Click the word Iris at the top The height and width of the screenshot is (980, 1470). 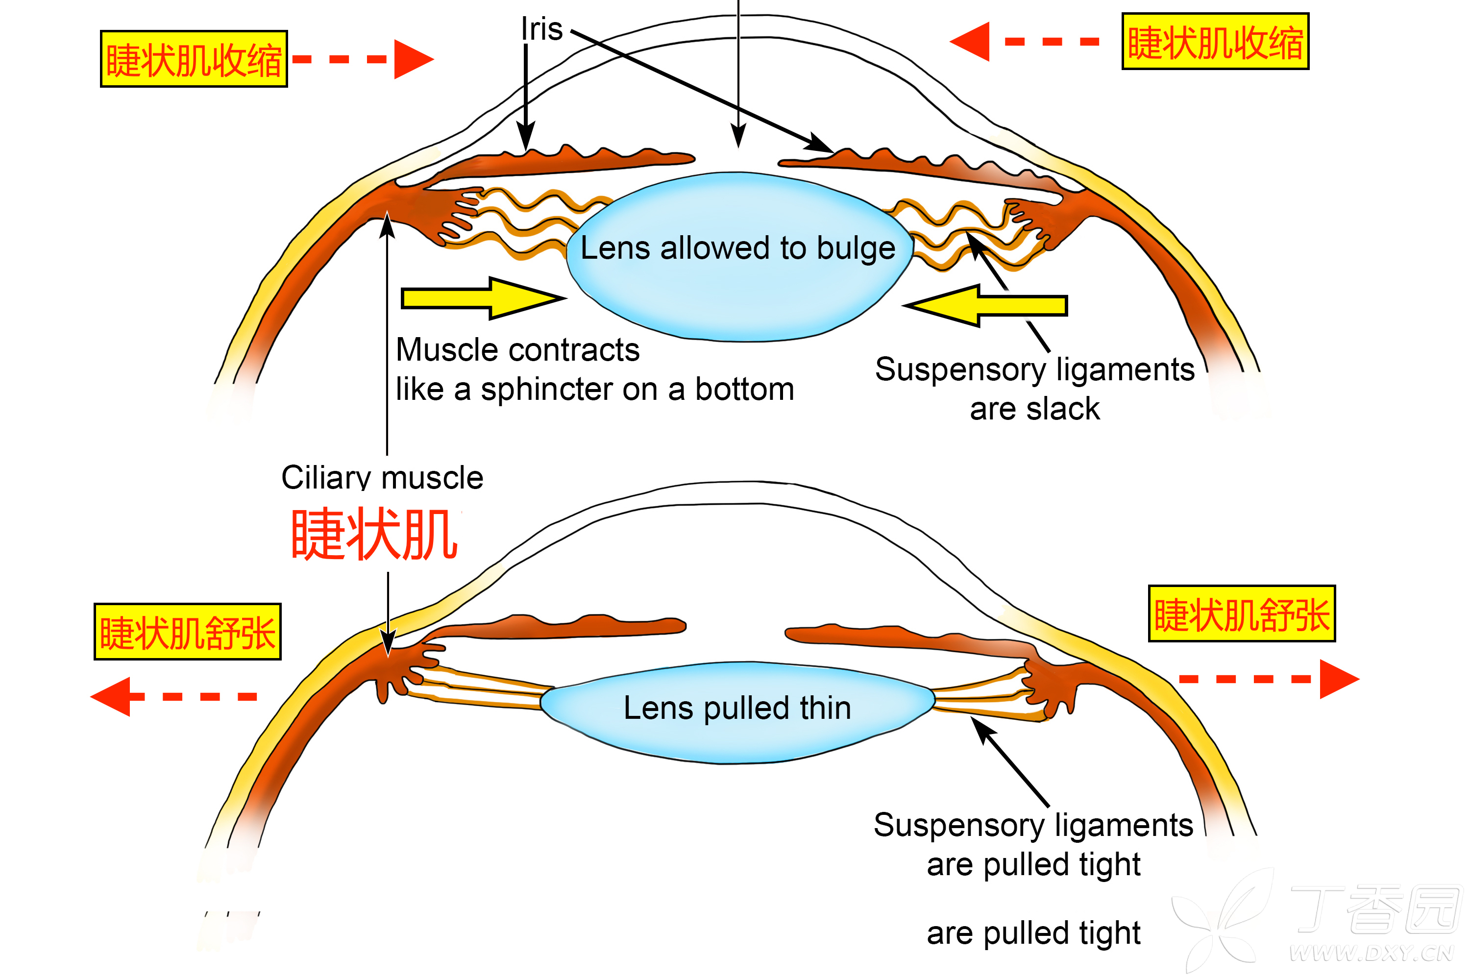coord(542,29)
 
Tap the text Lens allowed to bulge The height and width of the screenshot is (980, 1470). coord(737,248)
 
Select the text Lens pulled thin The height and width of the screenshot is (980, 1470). coord(737,708)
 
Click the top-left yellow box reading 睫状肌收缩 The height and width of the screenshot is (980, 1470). coord(194,59)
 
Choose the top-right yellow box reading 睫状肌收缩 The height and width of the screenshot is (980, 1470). coord(1215,42)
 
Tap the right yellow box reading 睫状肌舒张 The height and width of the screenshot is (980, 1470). coord(1241,614)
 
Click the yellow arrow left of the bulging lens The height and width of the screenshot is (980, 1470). coord(481,299)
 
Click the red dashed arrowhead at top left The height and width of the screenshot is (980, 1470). coord(413,59)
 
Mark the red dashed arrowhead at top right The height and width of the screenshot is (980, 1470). coord(971,42)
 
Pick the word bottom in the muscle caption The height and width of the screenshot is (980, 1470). coord(744,390)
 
